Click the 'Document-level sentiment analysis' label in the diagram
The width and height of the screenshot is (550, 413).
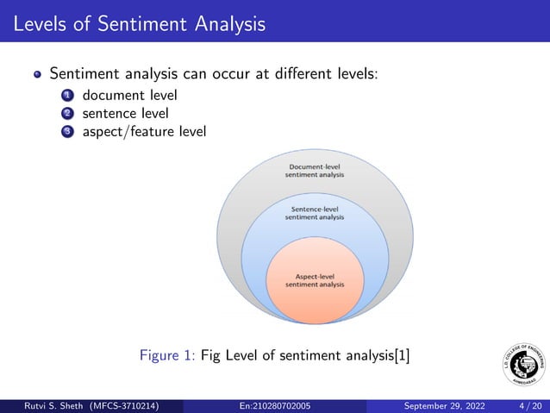(x=315, y=169)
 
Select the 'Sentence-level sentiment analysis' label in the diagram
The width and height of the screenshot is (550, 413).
(x=315, y=213)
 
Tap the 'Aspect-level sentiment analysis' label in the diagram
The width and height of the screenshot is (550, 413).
(x=315, y=279)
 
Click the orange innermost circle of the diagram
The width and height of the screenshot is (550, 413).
(x=315, y=297)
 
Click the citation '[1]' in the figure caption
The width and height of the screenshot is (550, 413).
(x=402, y=355)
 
